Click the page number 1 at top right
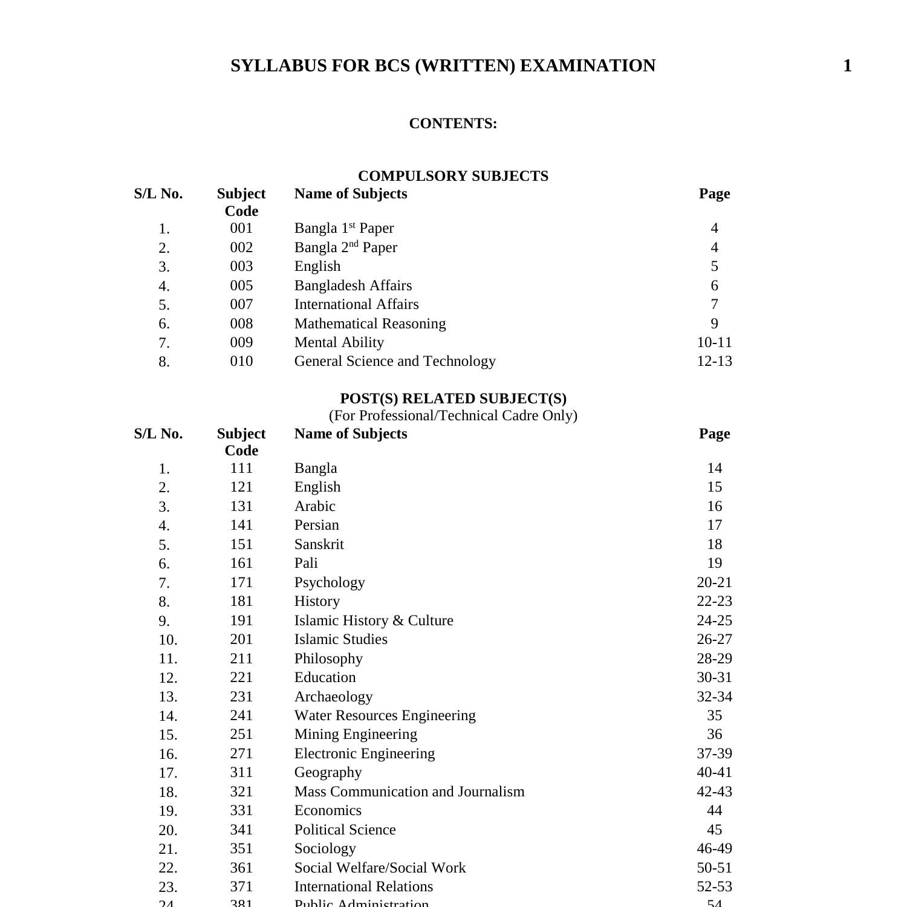pyautogui.click(x=847, y=66)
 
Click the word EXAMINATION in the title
pyautogui.click(x=587, y=66)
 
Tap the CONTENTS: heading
pyautogui.click(x=453, y=123)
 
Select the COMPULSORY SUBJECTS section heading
pyautogui.click(x=453, y=176)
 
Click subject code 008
pyautogui.click(x=241, y=323)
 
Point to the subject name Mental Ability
pyautogui.click(x=339, y=342)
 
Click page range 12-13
pyautogui.click(x=714, y=361)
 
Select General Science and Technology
pyautogui.click(x=395, y=361)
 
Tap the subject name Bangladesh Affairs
pyautogui.click(x=353, y=285)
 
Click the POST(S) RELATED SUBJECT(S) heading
pyautogui.click(x=453, y=398)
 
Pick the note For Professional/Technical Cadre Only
pyautogui.click(x=453, y=415)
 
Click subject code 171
pyautogui.click(x=241, y=582)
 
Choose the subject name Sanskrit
pyautogui.click(x=319, y=544)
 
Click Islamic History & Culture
pyautogui.click(x=374, y=620)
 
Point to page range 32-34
pyautogui.click(x=714, y=697)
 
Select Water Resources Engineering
pyautogui.click(x=385, y=715)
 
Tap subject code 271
pyautogui.click(x=241, y=753)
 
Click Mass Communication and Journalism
pyautogui.click(x=409, y=792)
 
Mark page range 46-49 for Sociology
pyautogui.click(x=714, y=848)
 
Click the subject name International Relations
pyautogui.click(x=363, y=886)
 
